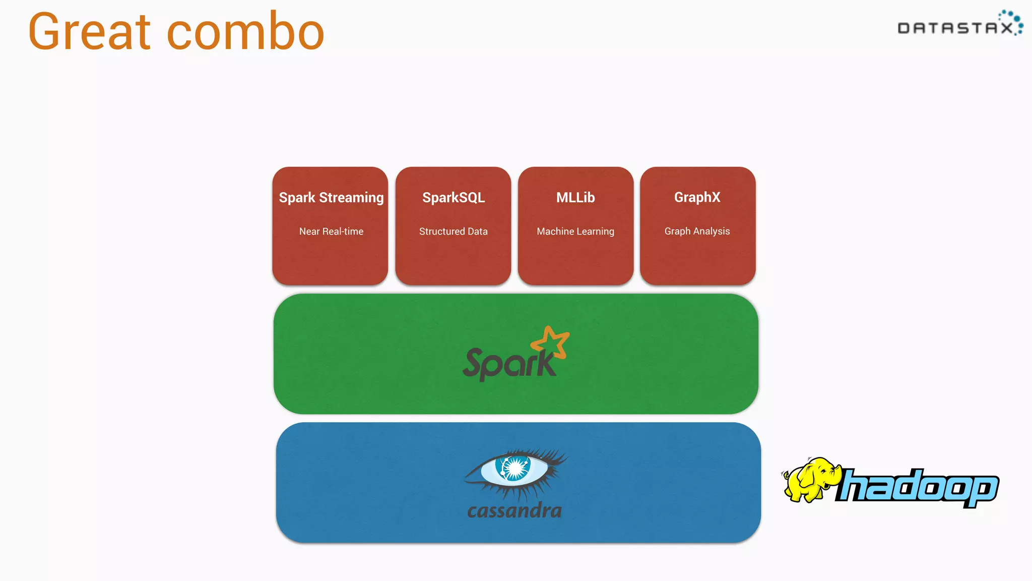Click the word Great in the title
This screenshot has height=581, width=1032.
click(x=90, y=32)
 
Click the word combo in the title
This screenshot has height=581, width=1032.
click(x=245, y=32)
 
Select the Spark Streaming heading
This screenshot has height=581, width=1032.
click(x=331, y=197)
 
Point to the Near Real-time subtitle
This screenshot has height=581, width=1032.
click(x=331, y=231)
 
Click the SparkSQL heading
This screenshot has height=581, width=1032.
click(x=454, y=197)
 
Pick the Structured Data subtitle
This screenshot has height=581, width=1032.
click(x=454, y=231)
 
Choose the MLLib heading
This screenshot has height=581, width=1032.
click(x=575, y=197)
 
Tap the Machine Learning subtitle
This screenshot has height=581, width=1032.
click(x=575, y=231)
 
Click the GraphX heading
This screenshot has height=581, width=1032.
click(x=697, y=197)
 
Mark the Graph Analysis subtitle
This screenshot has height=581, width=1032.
click(x=697, y=231)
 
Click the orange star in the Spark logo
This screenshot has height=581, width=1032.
click(x=551, y=343)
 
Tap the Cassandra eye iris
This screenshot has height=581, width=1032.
click(x=513, y=468)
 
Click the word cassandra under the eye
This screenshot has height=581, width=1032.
click(x=514, y=511)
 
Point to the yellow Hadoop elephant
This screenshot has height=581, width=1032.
click(x=809, y=480)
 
